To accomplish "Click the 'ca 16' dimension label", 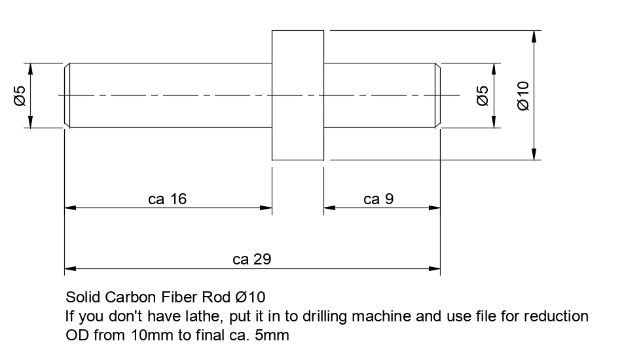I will tap(167, 199).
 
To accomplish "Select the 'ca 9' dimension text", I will tap(378, 199).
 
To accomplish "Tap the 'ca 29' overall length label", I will tap(251, 259).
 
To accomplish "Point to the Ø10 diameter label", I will tap(523, 95).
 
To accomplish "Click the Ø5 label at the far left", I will tap(19, 96).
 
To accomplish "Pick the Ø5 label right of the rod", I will tap(482, 96).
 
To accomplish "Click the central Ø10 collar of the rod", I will tap(297, 95).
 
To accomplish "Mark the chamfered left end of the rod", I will tap(67, 96).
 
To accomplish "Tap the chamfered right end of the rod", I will tap(437, 96).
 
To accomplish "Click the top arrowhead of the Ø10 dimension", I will tap(535, 37).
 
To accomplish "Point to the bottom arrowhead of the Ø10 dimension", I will tap(535, 154).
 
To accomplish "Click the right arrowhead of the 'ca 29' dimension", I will tap(434, 268).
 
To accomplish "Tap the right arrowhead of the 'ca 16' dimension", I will tap(266, 208).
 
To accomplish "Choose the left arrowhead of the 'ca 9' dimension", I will tap(330, 208).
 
